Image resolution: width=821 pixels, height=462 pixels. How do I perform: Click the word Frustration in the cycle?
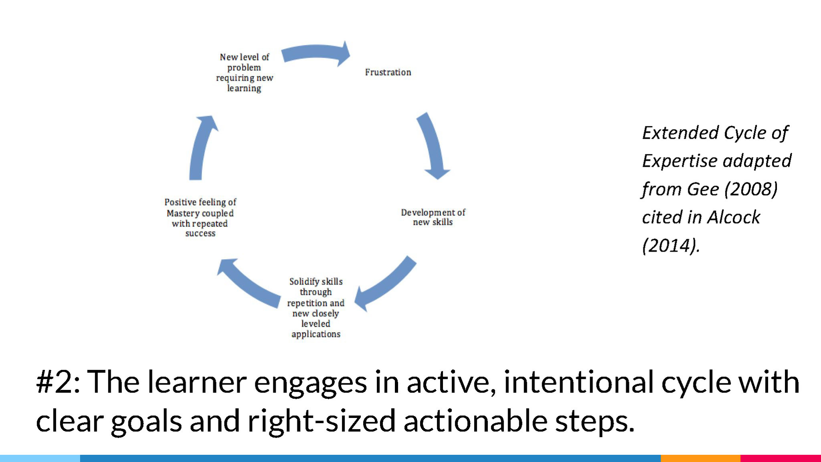click(x=388, y=72)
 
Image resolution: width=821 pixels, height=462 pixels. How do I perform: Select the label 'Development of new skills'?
click(x=433, y=217)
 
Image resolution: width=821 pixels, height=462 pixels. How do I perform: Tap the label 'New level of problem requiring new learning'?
click(x=245, y=73)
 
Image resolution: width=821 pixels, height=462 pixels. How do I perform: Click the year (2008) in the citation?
click(x=752, y=189)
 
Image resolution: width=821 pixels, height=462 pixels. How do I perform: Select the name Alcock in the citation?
click(x=734, y=218)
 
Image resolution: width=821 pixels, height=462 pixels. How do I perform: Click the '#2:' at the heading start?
click(x=59, y=382)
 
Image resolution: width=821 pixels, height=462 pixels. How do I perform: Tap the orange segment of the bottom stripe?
click(x=700, y=458)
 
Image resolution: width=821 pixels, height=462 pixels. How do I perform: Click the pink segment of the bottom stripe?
click(x=781, y=458)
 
